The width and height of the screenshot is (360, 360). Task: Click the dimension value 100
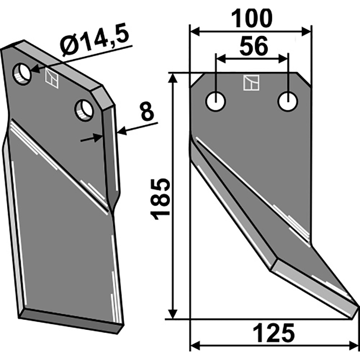252,19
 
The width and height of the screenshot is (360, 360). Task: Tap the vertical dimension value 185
160,199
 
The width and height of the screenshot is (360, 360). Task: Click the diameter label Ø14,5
94,39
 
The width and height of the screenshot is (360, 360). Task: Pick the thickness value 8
147,112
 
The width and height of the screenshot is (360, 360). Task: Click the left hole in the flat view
216,102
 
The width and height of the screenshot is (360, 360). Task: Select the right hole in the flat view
288,102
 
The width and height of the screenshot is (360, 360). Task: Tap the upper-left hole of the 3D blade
22,73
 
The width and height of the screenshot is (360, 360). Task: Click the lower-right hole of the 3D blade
84,110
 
